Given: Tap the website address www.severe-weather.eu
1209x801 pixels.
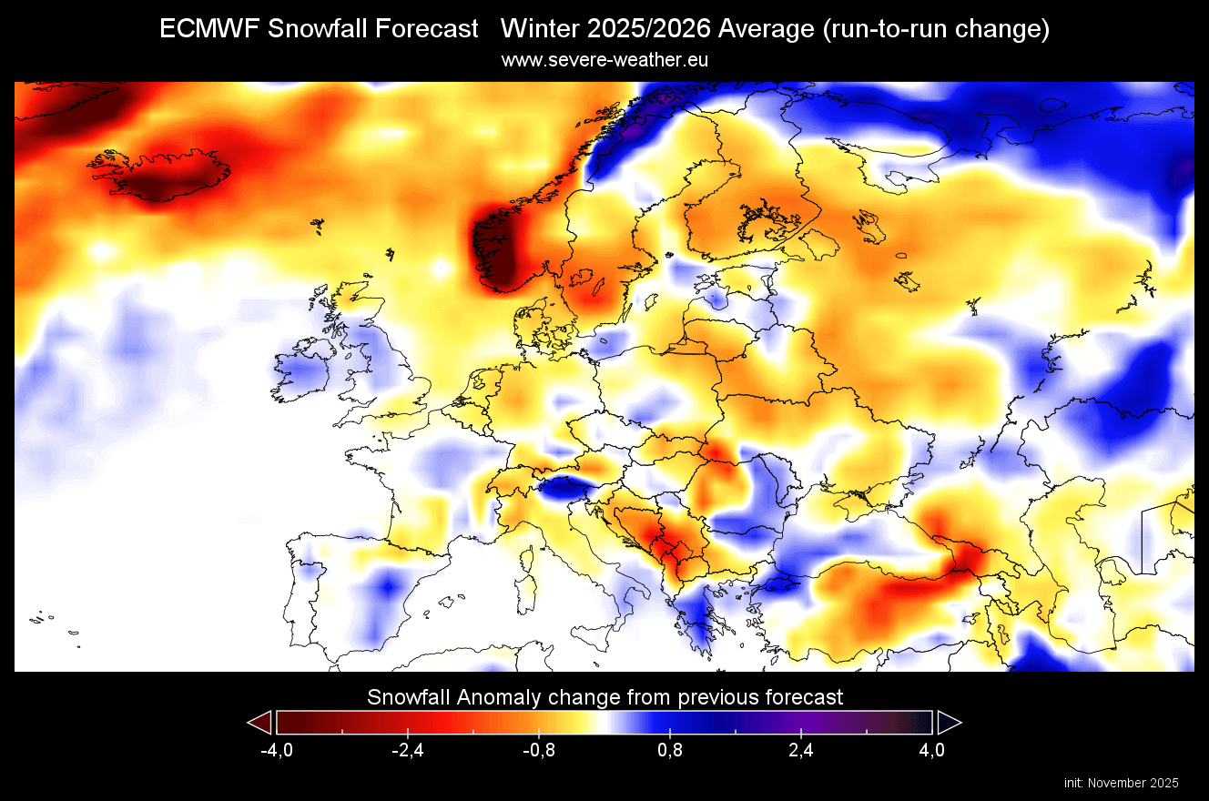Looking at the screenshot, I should pyautogui.click(x=604, y=60).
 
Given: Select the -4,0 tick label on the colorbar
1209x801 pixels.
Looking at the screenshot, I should pyautogui.click(x=276, y=750).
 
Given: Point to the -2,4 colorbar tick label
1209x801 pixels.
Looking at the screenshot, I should pyautogui.click(x=407, y=750).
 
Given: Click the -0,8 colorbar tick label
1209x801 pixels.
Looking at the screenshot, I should pyautogui.click(x=538, y=750).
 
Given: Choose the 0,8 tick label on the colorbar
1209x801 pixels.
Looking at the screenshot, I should pyautogui.click(x=670, y=750).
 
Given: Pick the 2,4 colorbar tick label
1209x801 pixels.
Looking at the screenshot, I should pyautogui.click(x=801, y=750).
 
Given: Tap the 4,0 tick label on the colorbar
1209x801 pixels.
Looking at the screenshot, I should pyautogui.click(x=932, y=750).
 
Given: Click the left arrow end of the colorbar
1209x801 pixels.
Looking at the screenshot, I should pyautogui.click(x=260, y=723).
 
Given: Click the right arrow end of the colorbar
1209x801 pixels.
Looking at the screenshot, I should pyautogui.click(x=949, y=723).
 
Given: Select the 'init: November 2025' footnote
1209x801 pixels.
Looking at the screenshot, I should pyautogui.click(x=1121, y=783).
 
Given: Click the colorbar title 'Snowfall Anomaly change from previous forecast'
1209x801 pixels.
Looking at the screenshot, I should pyautogui.click(x=604, y=697).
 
